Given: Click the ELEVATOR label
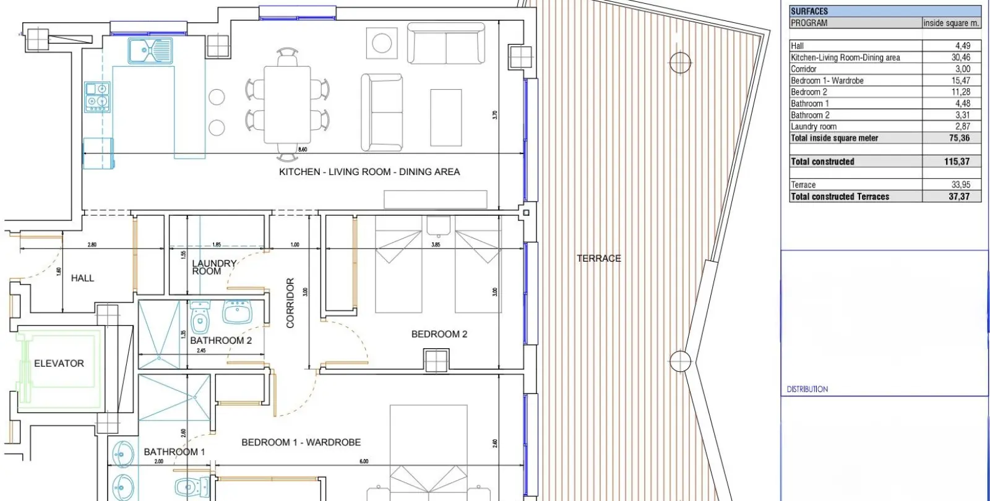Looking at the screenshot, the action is (59, 364).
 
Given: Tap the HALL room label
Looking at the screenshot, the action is (83, 278).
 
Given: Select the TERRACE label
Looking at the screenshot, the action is (599, 259).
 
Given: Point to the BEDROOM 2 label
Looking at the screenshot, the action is (439, 334).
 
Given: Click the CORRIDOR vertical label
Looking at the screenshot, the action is (290, 303).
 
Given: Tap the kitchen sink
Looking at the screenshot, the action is (150, 50).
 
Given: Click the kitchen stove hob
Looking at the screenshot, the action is (97, 96).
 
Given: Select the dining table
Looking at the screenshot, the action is (287, 105).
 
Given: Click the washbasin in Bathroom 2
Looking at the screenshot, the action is (238, 312).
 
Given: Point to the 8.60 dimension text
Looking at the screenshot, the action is (303, 150).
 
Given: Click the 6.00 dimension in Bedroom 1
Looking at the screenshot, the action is (364, 461).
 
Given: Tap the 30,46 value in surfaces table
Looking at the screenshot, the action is (961, 58).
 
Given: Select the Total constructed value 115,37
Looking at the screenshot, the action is (957, 161).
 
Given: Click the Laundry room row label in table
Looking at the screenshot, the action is (814, 127).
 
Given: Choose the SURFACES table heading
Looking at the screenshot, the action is (809, 12).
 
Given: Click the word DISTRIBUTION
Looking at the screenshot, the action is (807, 389).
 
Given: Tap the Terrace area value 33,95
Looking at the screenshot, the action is (961, 185).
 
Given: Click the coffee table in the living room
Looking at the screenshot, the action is (446, 118).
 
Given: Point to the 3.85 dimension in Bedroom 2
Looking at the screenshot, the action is (436, 245).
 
